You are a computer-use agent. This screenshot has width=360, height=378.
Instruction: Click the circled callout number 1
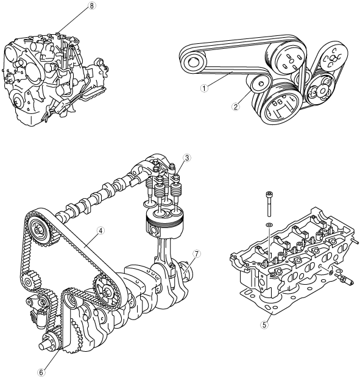pos(204,88)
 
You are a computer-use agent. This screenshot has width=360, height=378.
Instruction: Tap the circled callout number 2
pos(236,107)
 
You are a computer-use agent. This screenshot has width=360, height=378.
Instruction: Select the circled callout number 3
pos(187,158)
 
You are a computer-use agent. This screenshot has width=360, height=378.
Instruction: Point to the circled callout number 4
pos(101,230)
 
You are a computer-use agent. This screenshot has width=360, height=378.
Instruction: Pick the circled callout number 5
pos(264,325)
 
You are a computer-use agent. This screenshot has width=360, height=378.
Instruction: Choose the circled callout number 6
pos(41,372)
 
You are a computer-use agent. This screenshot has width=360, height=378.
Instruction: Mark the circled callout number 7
pos(197,254)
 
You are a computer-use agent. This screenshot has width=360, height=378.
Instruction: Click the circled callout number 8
pos(91,5)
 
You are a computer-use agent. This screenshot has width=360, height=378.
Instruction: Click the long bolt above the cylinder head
pos(269,204)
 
